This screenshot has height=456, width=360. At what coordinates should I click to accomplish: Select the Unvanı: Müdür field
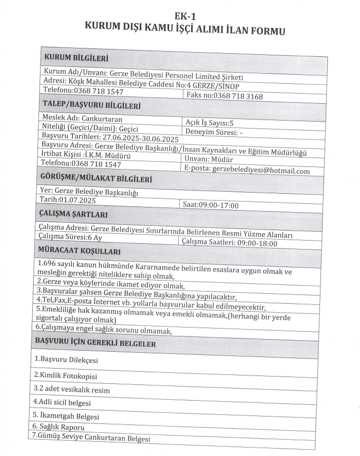pyautogui.click(x=208, y=158)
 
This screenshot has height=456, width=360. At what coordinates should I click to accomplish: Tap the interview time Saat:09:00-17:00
pyautogui.click(x=209, y=205)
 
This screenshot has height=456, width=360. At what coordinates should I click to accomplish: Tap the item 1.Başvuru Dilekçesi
pyautogui.click(x=66, y=360)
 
